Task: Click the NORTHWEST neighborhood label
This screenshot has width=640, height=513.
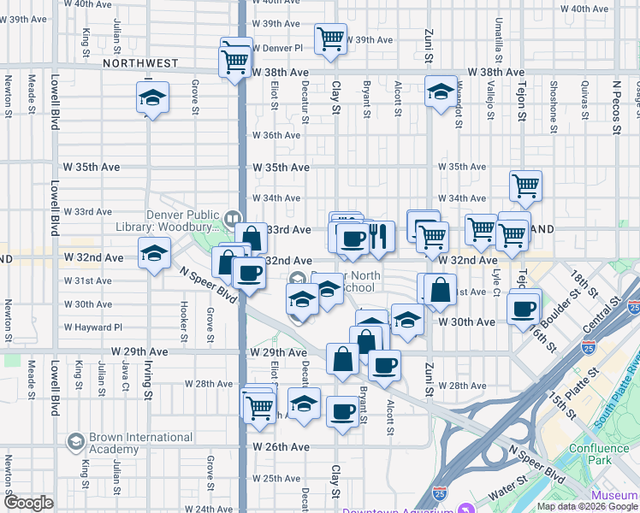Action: tap(139, 63)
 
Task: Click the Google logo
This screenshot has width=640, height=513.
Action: tap(29, 503)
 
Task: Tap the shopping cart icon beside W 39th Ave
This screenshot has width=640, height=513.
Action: tap(329, 38)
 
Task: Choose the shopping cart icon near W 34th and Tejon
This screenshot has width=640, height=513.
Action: tap(525, 184)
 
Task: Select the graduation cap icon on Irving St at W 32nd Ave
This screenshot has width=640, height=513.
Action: tap(154, 255)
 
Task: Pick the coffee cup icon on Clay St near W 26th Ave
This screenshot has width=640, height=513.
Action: tap(342, 411)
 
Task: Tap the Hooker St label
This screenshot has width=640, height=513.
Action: tap(183, 317)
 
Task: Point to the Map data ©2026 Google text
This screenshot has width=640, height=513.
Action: tap(586, 506)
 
